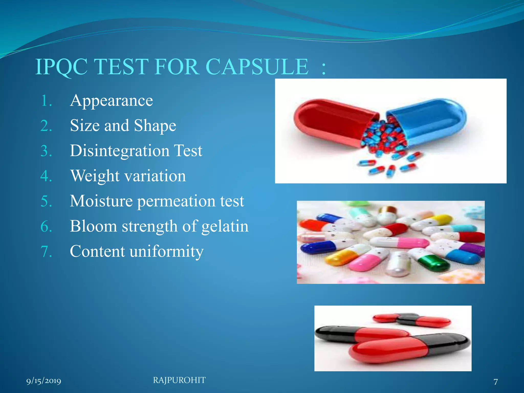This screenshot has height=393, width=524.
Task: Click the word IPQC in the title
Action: coord(61,67)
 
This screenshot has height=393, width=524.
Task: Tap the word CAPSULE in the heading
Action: coord(257,67)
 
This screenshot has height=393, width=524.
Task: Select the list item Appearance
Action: coord(112,101)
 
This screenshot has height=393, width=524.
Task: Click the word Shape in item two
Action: coord(155,126)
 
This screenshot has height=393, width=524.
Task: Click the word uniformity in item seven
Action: coord(167,252)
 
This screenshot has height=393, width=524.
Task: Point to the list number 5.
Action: coord(46,201)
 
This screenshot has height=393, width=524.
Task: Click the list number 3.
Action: coord(46,151)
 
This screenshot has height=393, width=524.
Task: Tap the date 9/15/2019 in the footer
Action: coord(44,381)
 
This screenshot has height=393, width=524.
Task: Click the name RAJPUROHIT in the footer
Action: coord(179,380)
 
